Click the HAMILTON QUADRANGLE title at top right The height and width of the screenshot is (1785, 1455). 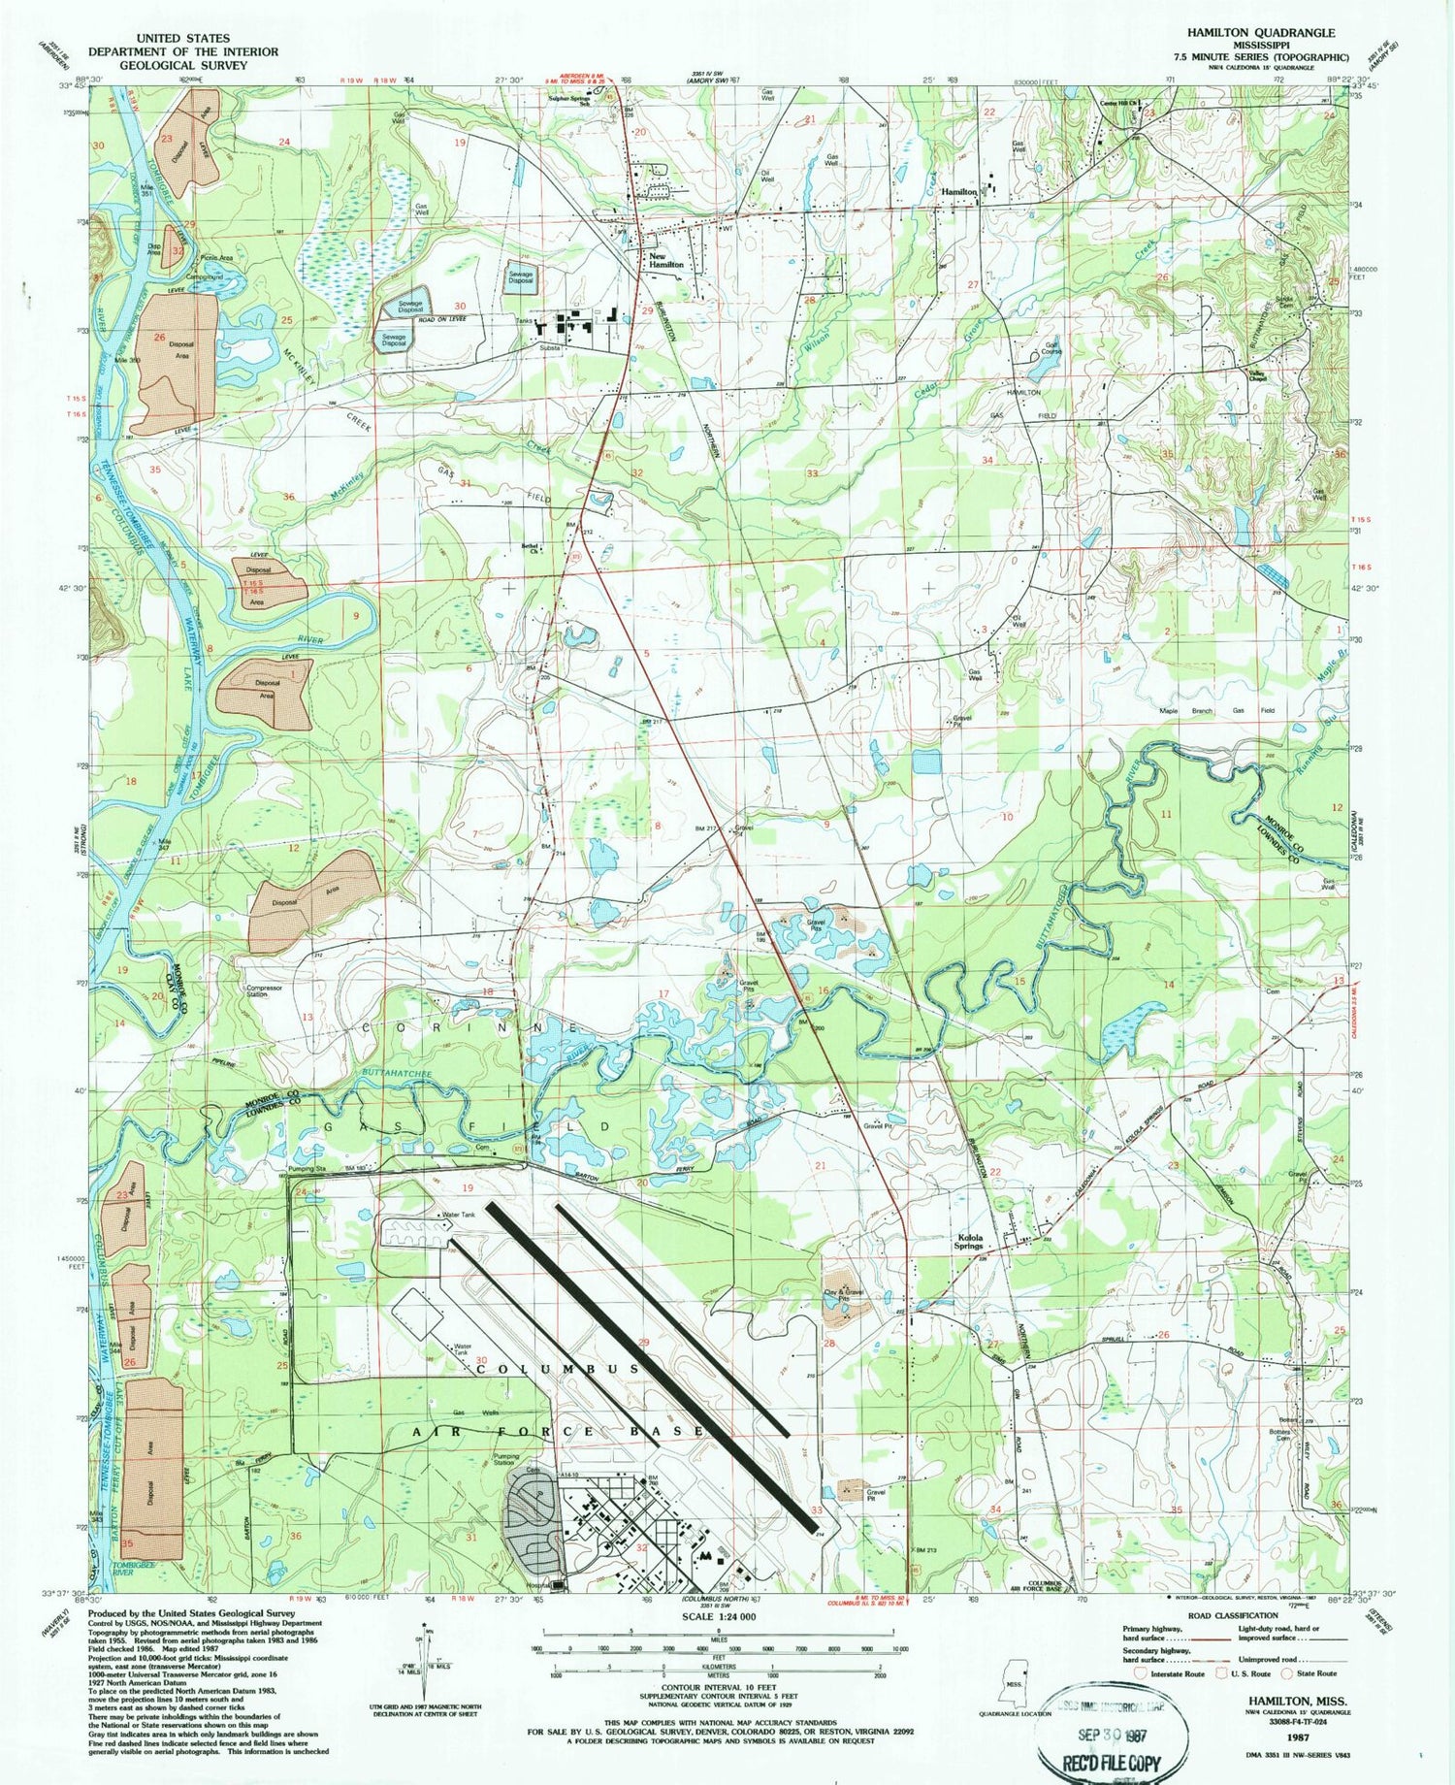click(x=1260, y=32)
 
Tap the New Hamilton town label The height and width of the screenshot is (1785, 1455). click(x=666, y=260)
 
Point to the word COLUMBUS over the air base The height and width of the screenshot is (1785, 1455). click(x=558, y=1367)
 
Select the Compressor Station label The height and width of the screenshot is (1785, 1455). click(x=256, y=990)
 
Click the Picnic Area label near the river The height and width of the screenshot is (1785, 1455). click(x=215, y=258)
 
